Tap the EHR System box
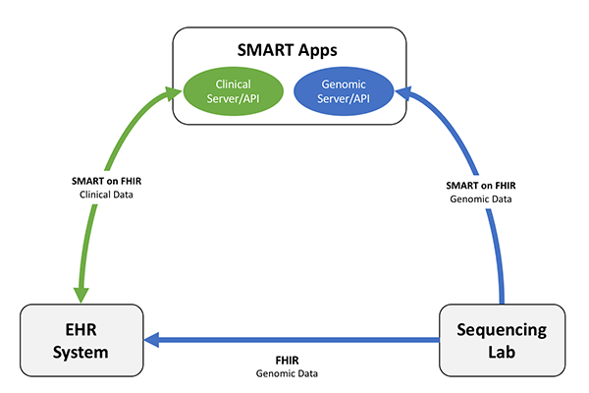coord(80,339)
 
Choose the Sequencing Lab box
coord(502,339)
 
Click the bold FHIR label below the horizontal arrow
coord(288,361)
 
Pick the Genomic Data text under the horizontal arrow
coord(288,375)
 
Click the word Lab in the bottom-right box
coord(503,351)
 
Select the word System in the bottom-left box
coord(80,351)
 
